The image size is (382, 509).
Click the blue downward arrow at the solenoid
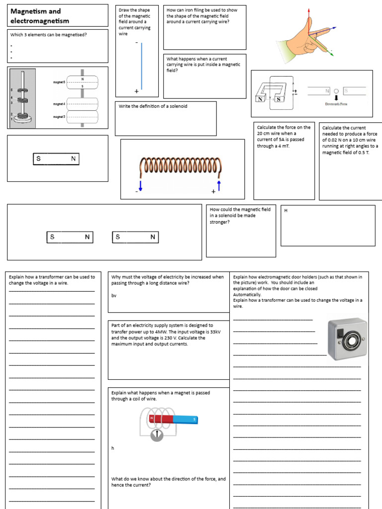[x=140, y=185]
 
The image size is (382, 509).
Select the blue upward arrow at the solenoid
[x=218, y=185]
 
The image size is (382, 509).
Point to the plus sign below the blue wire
[x=136, y=91]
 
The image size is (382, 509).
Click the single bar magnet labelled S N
[x=56, y=159]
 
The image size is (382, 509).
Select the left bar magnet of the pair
[x=70, y=237]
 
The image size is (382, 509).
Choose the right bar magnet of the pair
[x=135, y=237]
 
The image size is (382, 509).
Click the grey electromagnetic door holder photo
[x=347, y=339]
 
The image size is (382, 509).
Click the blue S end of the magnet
[x=186, y=420]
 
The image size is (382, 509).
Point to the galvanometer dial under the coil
[x=157, y=434]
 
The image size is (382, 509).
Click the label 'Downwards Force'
[x=336, y=104]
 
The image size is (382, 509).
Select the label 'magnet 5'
[x=59, y=82]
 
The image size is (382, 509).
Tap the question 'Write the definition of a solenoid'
[x=153, y=106]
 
